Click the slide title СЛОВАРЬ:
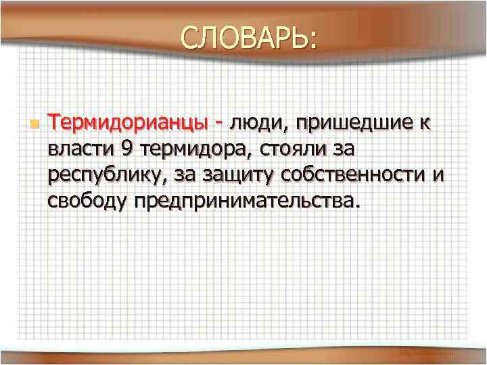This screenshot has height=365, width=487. point(248,39)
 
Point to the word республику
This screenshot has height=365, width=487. point(106,176)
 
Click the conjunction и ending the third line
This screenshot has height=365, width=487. point(438,175)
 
